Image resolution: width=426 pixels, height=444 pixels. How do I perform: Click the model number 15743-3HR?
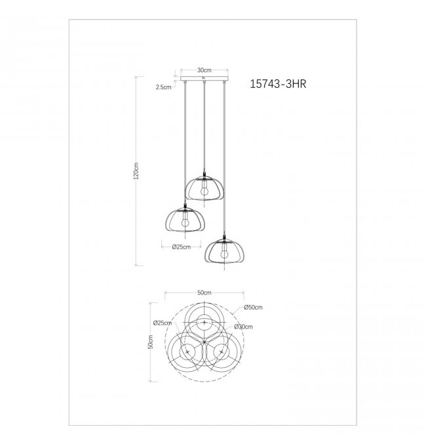pos(278,84)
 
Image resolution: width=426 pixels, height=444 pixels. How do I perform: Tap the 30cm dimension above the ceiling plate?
pos(204,70)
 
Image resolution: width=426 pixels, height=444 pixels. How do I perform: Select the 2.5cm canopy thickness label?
pos(163,87)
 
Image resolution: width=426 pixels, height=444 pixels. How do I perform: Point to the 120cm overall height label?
pos(136,171)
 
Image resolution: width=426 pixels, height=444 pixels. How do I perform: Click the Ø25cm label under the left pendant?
pos(181,247)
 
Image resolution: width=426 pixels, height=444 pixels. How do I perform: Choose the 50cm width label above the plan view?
pos(204,293)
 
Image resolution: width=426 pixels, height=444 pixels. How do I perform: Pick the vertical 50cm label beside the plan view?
pos(150,342)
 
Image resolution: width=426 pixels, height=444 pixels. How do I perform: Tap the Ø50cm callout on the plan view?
pos(253,307)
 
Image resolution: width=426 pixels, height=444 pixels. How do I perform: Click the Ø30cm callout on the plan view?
pos(243,327)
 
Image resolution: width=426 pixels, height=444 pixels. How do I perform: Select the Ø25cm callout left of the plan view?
pos(162,323)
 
